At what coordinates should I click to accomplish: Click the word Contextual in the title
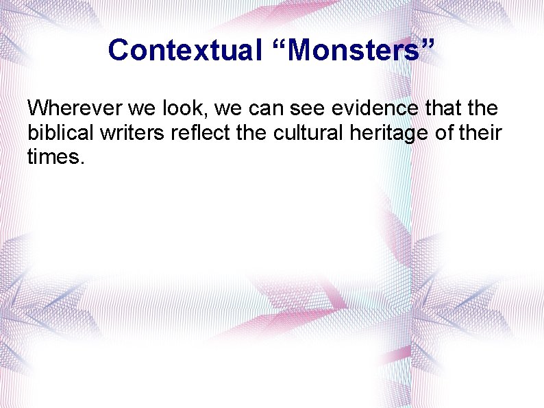click(183, 50)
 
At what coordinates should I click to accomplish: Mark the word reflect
click(196, 132)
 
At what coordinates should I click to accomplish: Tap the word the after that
click(480, 108)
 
